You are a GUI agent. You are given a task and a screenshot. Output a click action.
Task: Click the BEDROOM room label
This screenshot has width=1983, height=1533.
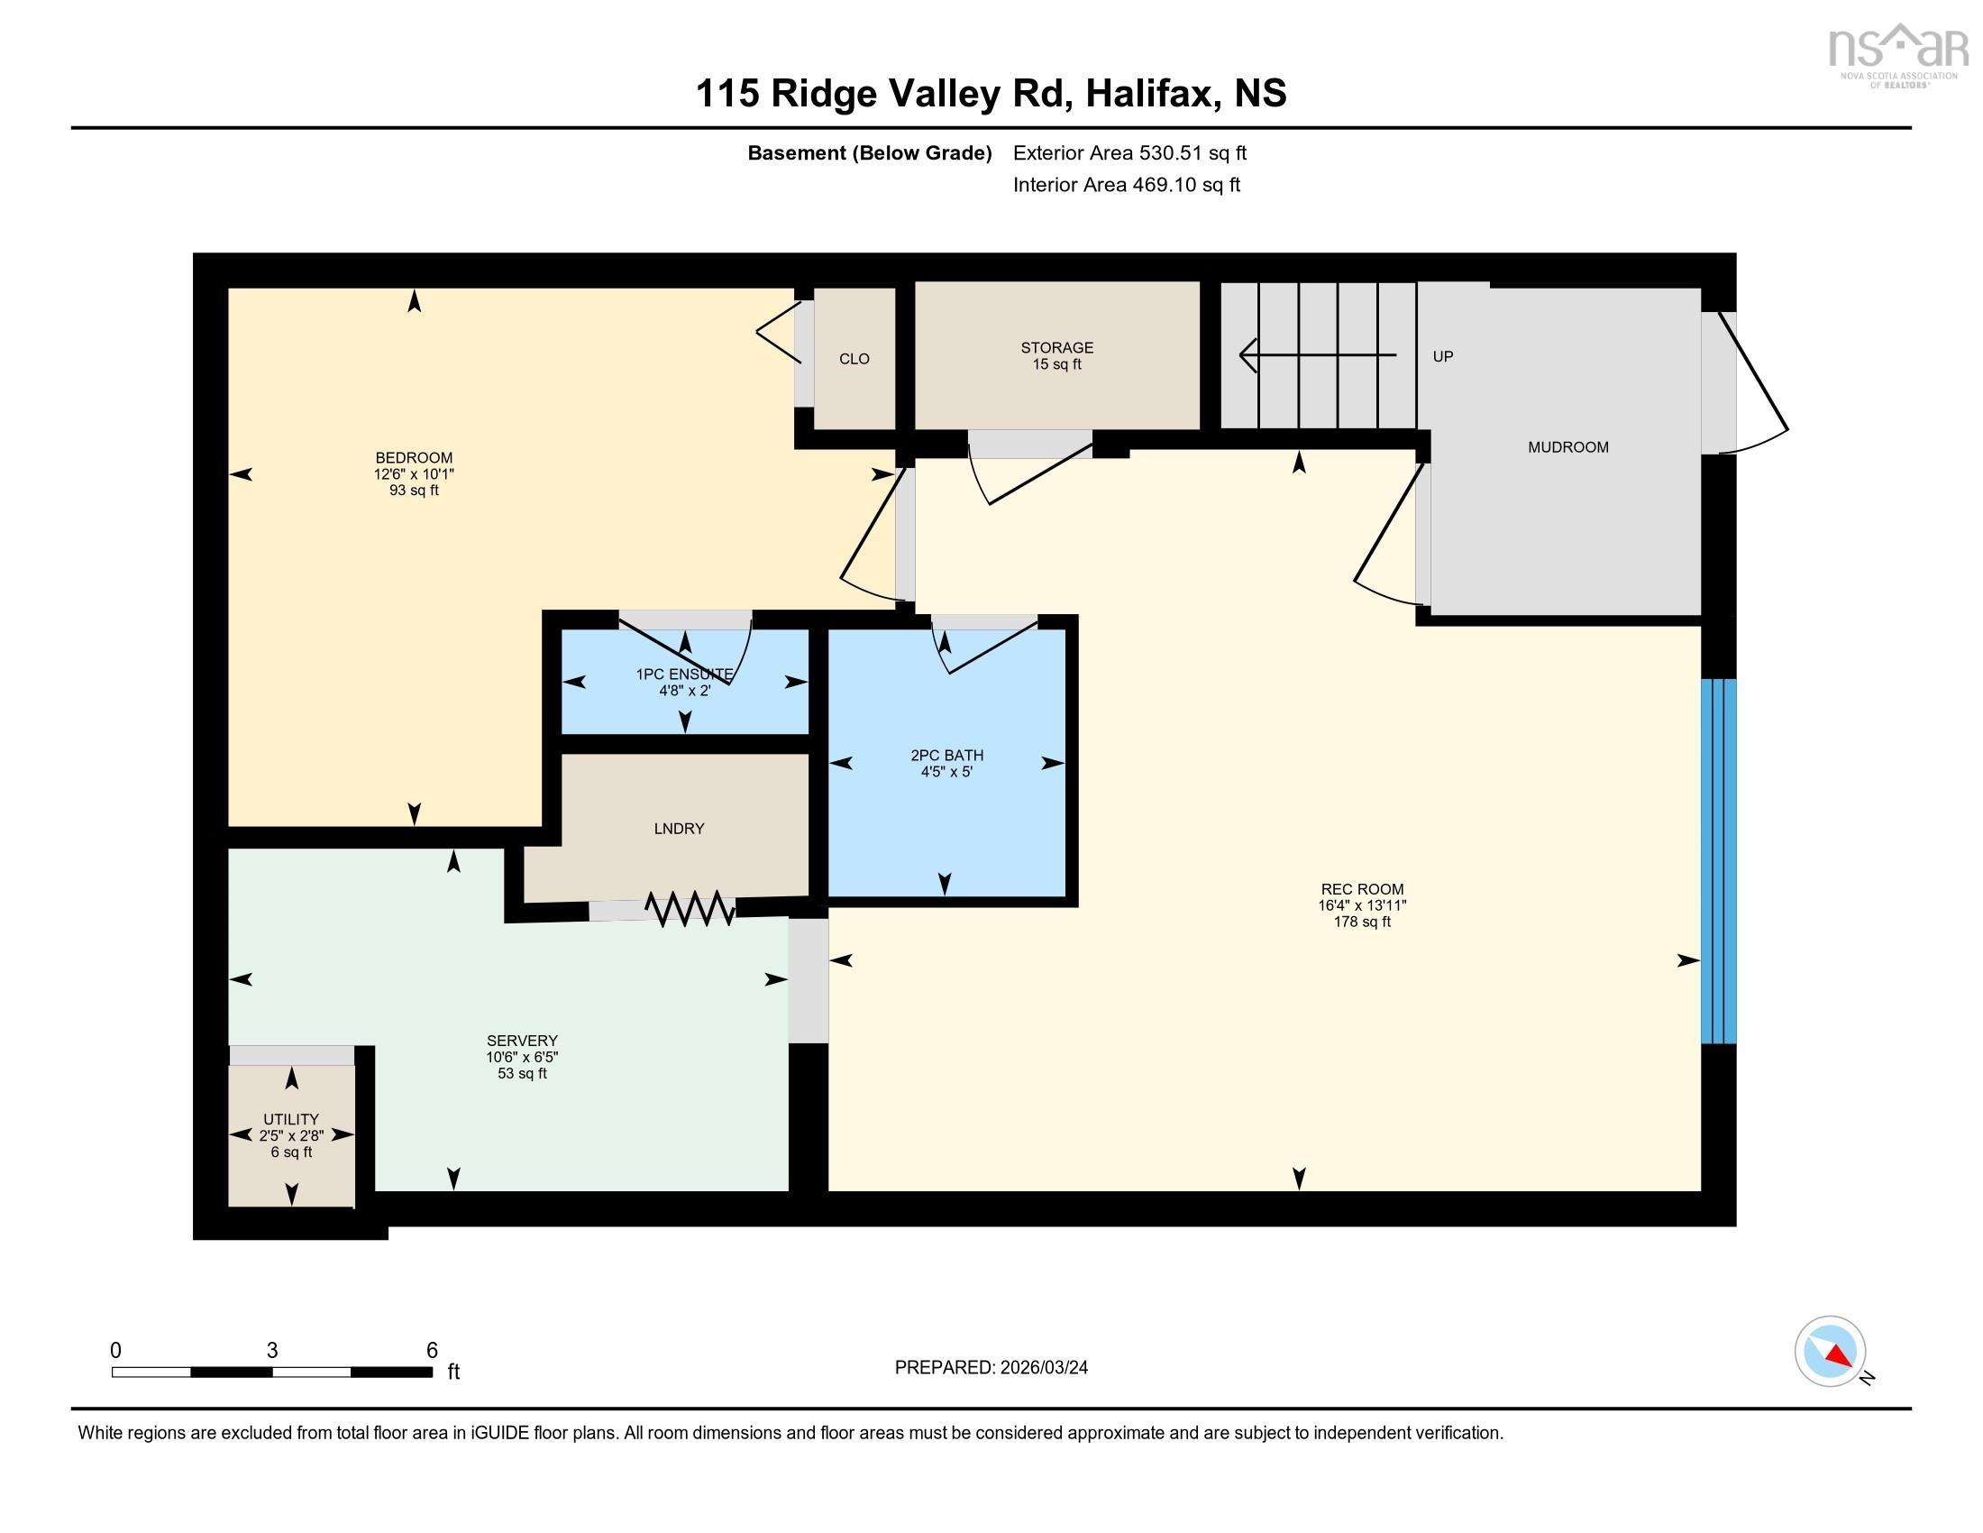pyautogui.click(x=414, y=458)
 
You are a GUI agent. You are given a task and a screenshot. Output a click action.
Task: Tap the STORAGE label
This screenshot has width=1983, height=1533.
pyautogui.click(x=1057, y=348)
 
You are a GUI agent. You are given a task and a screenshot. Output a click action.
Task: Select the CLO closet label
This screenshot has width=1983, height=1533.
pyautogui.click(x=854, y=360)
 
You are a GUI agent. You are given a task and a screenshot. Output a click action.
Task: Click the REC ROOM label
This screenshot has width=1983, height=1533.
pyautogui.click(x=1362, y=890)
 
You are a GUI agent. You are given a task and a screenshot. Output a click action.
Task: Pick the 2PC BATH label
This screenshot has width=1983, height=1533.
pyautogui.click(x=947, y=756)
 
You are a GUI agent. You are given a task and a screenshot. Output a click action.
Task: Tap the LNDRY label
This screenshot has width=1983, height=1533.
pyautogui.click(x=679, y=829)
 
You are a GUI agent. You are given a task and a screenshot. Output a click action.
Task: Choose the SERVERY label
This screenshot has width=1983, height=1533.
pyautogui.click(x=522, y=1041)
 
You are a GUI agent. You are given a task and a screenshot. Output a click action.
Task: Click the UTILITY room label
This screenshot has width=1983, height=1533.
pyautogui.click(x=291, y=1120)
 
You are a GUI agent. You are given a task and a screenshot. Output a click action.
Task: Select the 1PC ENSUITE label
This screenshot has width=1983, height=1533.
pyautogui.click(x=685, y=675)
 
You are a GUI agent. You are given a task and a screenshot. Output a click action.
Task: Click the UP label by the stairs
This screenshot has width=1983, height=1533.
pyautogui.click(x=1443, y=357)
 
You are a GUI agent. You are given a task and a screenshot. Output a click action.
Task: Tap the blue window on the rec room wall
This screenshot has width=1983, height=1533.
pyautogui.click(x=1718, y=861)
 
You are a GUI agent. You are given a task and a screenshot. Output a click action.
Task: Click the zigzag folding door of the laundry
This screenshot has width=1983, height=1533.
pyautogui.click(x=690, y=908)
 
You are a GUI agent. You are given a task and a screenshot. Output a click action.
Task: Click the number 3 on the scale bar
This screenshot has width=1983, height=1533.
pyautogui.click(x=272, y=1351)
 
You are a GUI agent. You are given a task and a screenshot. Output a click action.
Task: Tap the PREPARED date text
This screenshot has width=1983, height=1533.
pyautogui.click(x=991, y=1368)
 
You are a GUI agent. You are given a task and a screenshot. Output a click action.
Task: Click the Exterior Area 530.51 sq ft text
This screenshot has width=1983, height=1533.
pyautogui.click(x=1129, y=153)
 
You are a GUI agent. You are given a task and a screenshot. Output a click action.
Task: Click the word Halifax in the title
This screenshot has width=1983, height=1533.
pyautogui.click(x=1151, y=95)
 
